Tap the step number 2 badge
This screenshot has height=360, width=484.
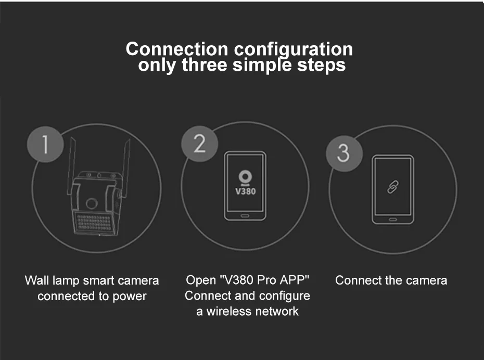point(200,143)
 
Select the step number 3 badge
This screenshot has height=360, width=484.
point(343,152)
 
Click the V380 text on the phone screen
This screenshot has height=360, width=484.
point(245,190)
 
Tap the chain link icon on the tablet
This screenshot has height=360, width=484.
point(393,187)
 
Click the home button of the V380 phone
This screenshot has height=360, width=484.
point(245,214)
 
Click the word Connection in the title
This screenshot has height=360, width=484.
point(177,49)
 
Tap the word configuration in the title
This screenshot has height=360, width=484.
point(293,50)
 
